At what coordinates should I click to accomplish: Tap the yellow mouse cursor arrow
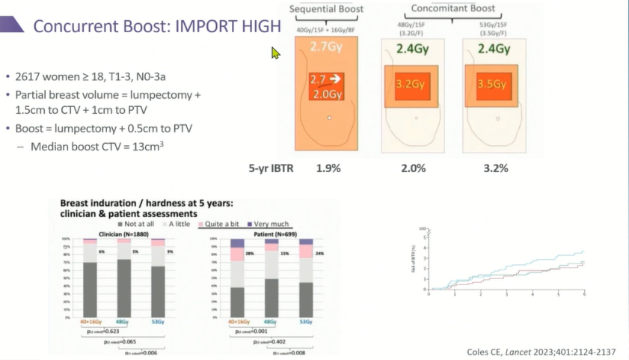point(275,53)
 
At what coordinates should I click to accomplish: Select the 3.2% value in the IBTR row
point(495,168)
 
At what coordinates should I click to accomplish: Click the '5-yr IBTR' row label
point(271,168)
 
